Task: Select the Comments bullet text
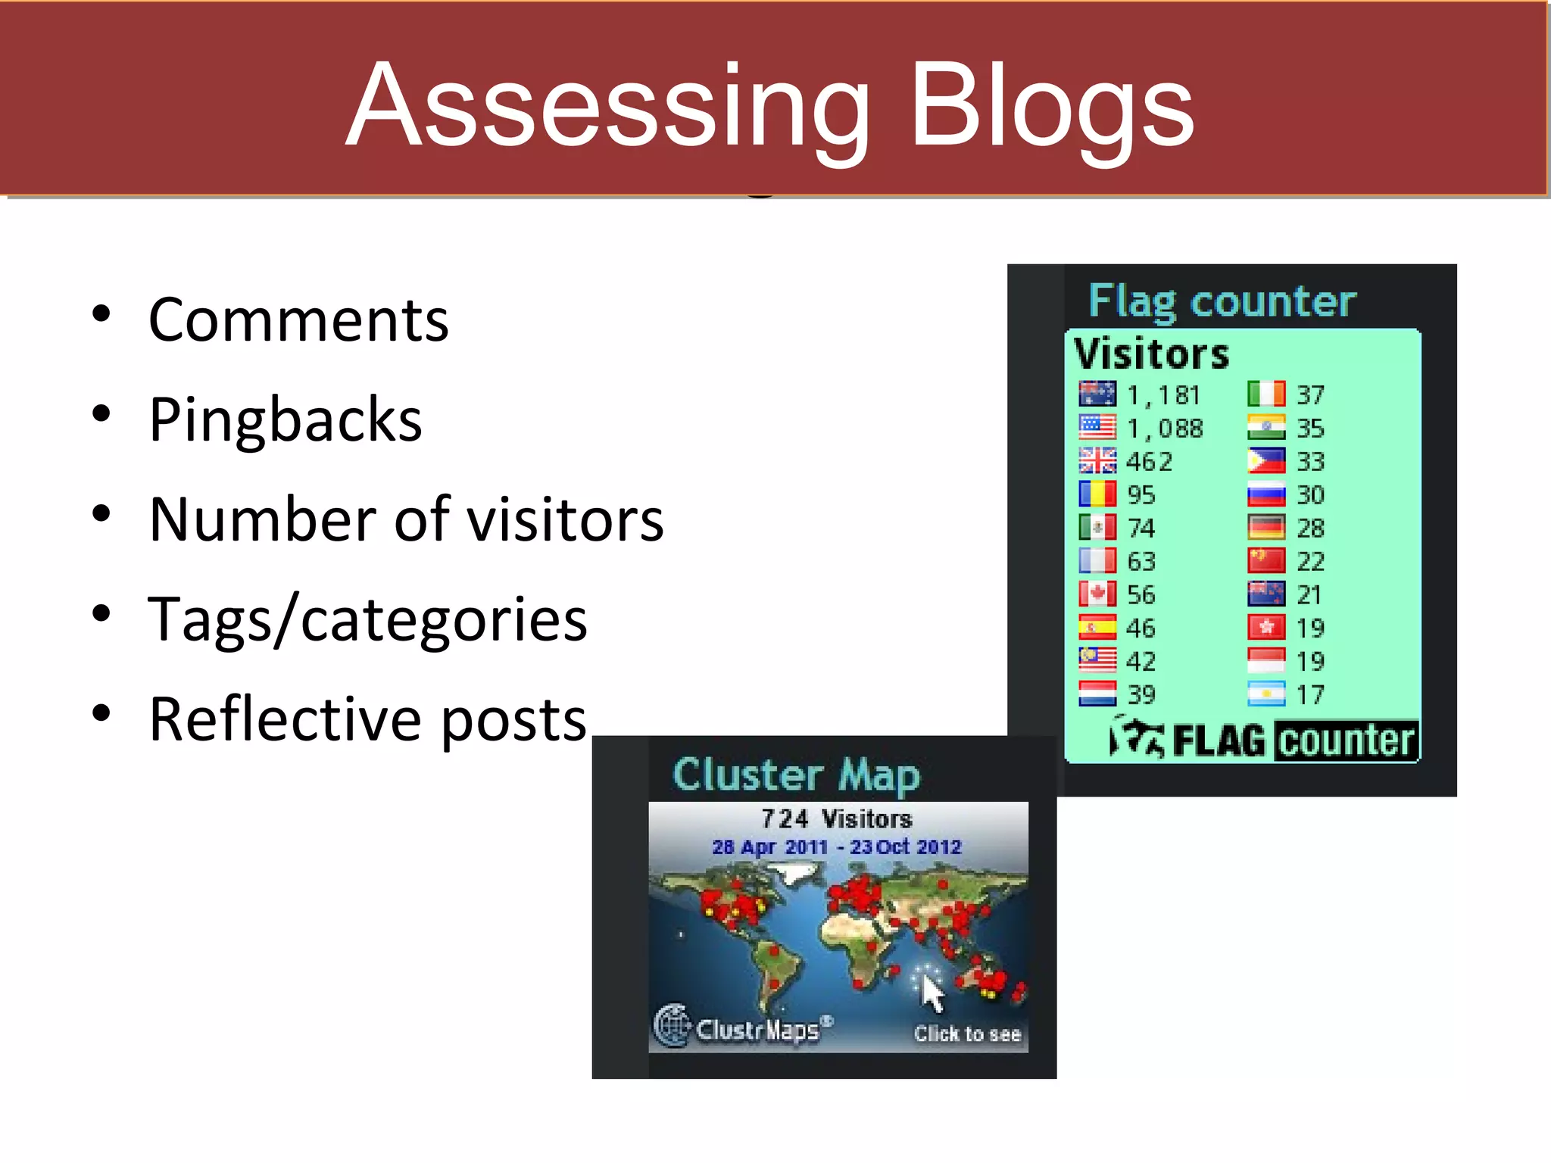[x=298, y=320]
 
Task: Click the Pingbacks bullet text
[x=286, y=420]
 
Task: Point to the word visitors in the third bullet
[x=565, y=520]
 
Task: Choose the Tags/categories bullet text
[x=367, y=620]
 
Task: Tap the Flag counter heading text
[x=1222, y=301]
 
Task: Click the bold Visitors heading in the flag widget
[x=1151, y=354]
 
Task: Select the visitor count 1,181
[x=1163, y=395]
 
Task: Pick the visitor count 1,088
[x=1165, y=429]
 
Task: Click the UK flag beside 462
[x=1097, y=460]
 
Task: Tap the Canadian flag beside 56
[x=1097, y=594]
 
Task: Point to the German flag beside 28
[x=1266, y=527]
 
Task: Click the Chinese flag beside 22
[x=1266, y=560]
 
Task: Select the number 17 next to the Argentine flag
[x=1310, y=694]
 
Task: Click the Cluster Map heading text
[x=796, y=775]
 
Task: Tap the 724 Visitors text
[x=836, y=819]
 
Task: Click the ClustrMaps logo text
[x=757, y=1030]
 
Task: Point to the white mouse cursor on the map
[x=932, y=992]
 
